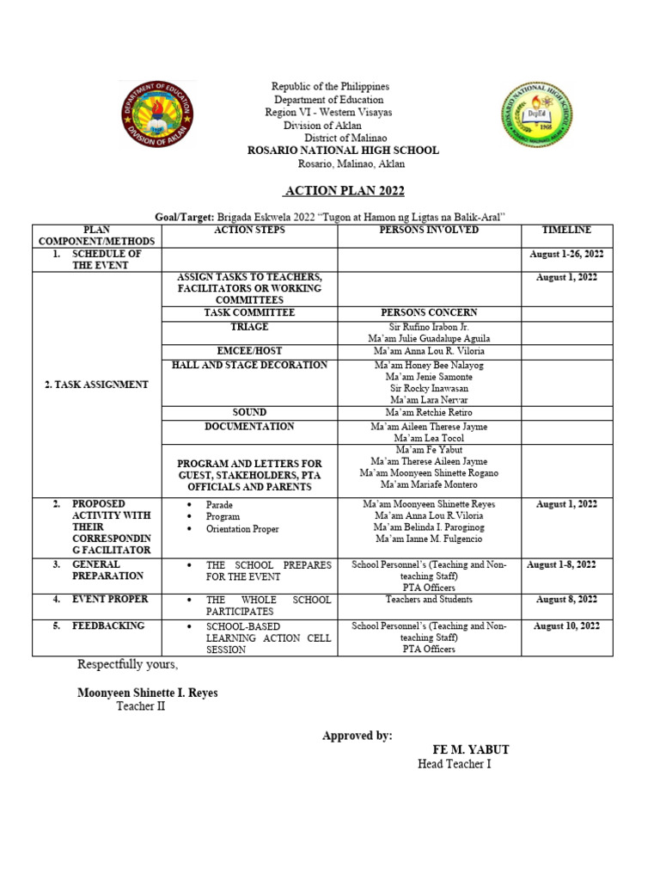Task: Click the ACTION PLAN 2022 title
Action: pyautogui.click(x=344, y=191)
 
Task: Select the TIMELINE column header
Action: pyautogui.click(x=566, y=231)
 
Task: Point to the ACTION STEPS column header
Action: pyautogui.click(x=249, y=231)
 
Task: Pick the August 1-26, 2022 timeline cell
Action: pyautogui.click(x=566, y=255)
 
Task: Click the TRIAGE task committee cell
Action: pyautogui.click(x=249, y=327)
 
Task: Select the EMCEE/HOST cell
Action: pyautogui.click(x=249, y=351)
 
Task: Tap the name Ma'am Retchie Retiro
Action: pyautogui.click(x=429, y=413)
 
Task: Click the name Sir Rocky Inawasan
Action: pyautogui.click(x=429, y=389)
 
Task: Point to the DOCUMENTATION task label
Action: pyautogui.click(x=249, y=426)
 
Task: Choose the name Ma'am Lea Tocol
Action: pyautogui.click(x=429, y=439)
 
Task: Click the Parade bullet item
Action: pyautogui.click(x=219, y=505)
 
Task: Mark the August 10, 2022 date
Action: pyautogui.click(x=566, y=626)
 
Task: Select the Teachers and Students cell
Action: pyautogui.click(x=429, y=599)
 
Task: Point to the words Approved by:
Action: pyautogui.click(x=357, y=736)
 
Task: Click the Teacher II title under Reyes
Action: pyautogui.click(x=140, y=706)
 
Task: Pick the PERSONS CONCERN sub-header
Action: pyautogui.click(x=429, y=312)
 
